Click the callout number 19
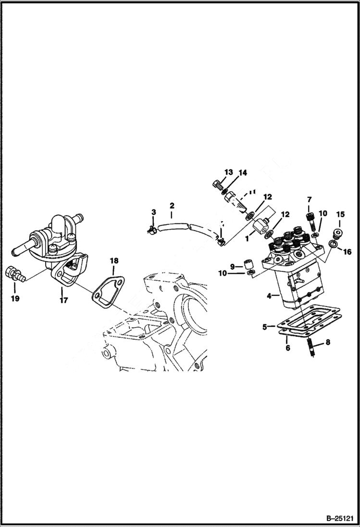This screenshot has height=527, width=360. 14,299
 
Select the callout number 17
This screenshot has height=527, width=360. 63,300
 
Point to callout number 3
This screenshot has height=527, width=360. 154,212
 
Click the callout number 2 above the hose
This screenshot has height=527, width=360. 172,206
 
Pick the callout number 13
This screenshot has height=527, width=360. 228,172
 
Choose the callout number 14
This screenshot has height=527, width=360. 243,172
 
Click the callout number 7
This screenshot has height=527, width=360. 309,199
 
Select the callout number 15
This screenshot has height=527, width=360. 340,214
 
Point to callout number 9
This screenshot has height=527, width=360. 233,266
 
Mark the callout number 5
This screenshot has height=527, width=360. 265,327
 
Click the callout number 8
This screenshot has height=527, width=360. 328,343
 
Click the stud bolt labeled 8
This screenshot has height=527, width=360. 312,347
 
